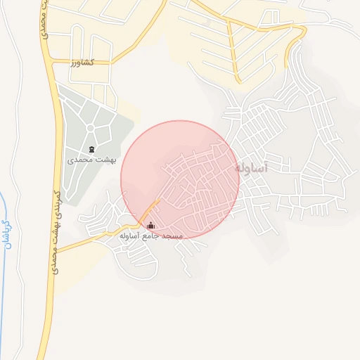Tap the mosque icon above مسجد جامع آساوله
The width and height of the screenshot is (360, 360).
click(150, 226)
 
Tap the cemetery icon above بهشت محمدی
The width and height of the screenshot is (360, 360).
click(92, 149)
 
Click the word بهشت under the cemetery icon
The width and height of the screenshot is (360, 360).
click(107, 160)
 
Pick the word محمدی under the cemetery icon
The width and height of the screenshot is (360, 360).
click(81, 160)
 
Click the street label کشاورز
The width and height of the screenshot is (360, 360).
click(82, 63)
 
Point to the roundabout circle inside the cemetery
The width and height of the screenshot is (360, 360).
click(91, 127)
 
